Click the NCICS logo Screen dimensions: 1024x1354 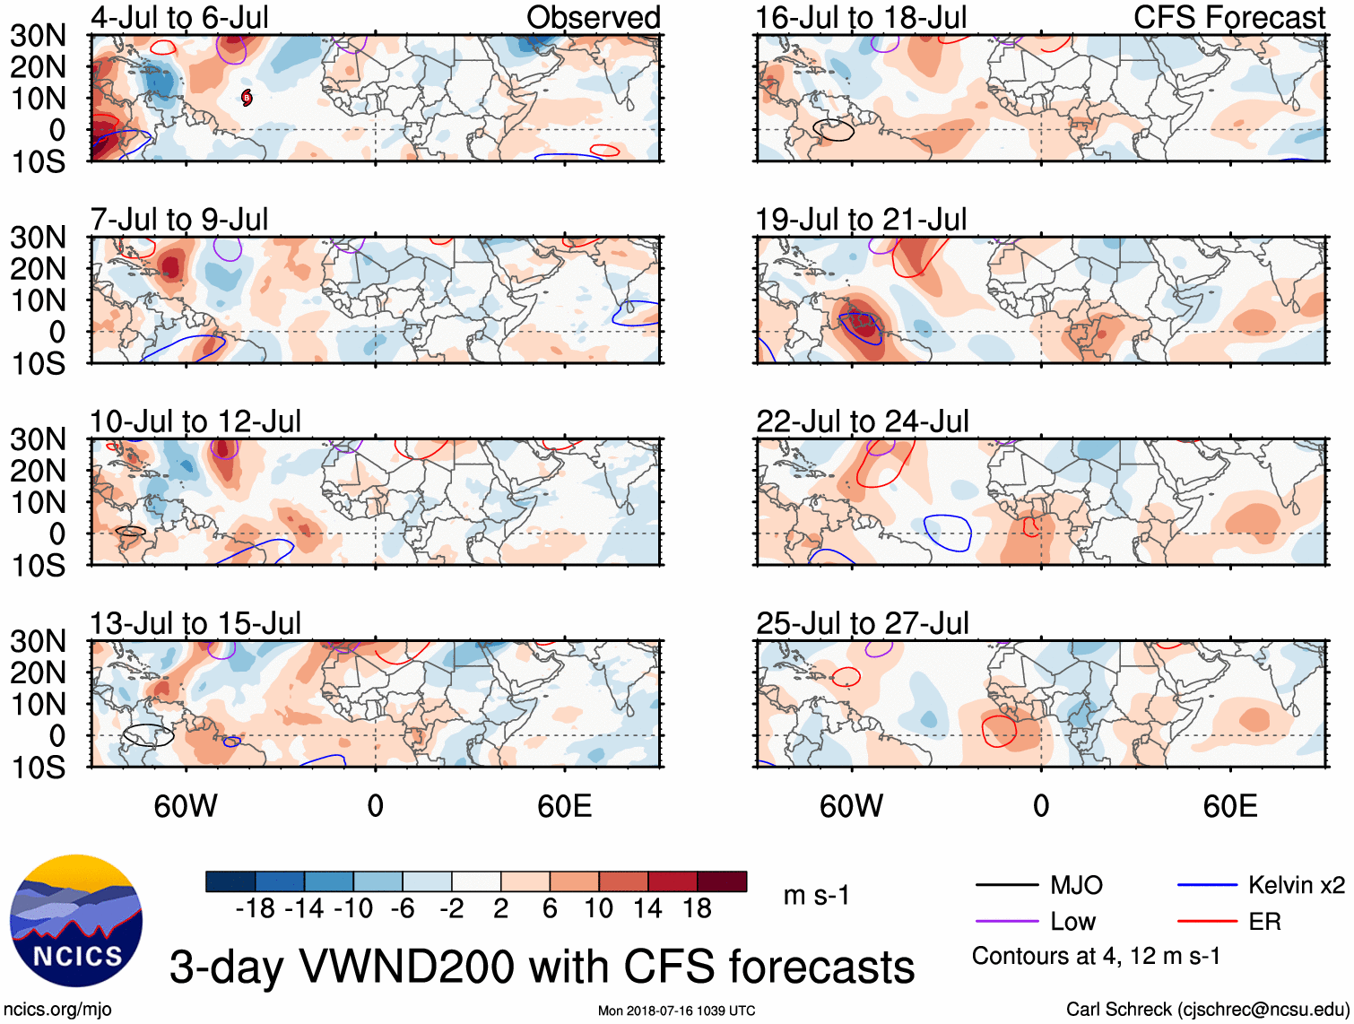tap(76, 921)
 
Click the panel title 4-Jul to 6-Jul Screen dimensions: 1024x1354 tap(179, 18)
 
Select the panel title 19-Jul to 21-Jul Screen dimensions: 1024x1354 tap(861, 220)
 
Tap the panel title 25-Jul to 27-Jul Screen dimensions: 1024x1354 tap(862, 623)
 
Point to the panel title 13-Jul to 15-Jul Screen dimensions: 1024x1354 tap(195, 623)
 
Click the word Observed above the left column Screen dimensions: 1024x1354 tap(593, 18)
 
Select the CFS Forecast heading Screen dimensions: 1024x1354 tap(1228, 18)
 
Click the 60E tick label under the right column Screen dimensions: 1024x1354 tap(1229, 806)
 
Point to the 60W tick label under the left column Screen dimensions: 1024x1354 tap(186, 806)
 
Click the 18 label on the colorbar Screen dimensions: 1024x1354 tap(697, 909)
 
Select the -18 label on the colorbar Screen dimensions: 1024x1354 tap(256, 909)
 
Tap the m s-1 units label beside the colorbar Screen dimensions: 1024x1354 tap(816, 896)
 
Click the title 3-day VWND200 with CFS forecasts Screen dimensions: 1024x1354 tap(542, 967)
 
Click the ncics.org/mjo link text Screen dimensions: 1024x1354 tap(57, 1010)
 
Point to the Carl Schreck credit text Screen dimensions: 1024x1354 tap(1207, 1010)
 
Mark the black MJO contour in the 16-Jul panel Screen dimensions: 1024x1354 tap(834, 130)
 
